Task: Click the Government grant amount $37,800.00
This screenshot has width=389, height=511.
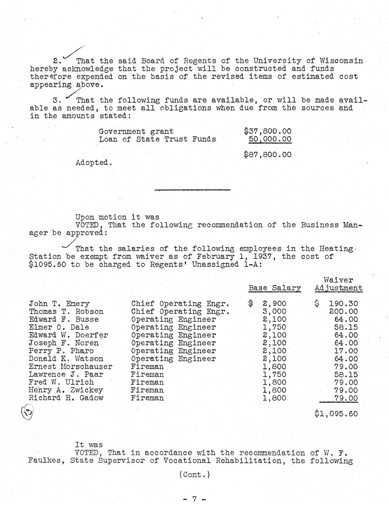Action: pyautogui.click(x=268, y=131)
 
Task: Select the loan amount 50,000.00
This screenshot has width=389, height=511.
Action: pyautogui.click(x=270, y=139)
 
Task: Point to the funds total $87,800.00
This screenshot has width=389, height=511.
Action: pyautogui.click(x=268, y=154)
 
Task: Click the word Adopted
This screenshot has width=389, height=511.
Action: pyautogui.click(x=93, y=163)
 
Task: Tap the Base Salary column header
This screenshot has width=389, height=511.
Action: pyautogui.click(x=275, y=288)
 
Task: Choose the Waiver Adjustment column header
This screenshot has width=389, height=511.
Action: pyautogui.click(x=338, y=284)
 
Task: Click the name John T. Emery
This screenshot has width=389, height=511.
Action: pyautogui.click(x=59, y=304)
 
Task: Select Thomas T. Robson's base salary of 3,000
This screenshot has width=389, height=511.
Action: pyautogui.click(x=274, y=312)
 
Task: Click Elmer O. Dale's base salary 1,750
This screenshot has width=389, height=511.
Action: pyautogui.click(x=274, y=327)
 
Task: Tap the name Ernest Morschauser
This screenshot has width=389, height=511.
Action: pyautogui.click(x=70, y=367)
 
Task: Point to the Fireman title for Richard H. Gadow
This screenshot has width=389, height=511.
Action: pyautogui.click(x=147, y=398)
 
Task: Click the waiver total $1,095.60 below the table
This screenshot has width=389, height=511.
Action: pyautogui.click(x=336, y=414)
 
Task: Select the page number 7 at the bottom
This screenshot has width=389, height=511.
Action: pyautogui.click(x=194, y=499)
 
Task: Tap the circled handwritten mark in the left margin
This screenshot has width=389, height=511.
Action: pyautogui.click(x=27, y=412)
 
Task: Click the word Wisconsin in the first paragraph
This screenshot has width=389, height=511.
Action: pyautogui.click(x=341, y=61)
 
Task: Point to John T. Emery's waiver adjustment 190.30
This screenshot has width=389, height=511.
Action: pyautogui.click(x=343, y=304)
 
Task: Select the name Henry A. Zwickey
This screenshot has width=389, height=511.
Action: pyautogui.click(x=66, y=390)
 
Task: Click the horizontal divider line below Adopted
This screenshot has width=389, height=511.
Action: pyautogui.click(x=192, y=190)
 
